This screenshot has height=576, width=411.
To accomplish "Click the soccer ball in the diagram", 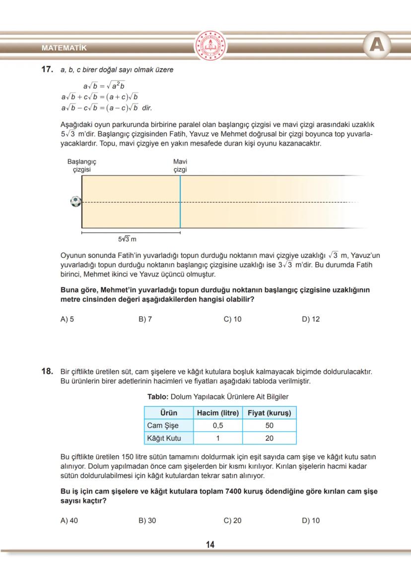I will coord(75,202).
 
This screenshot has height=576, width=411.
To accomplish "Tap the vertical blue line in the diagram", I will coord(180,202).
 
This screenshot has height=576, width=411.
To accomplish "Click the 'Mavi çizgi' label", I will coord(180,165).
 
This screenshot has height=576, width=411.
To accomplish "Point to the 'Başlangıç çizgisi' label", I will coord(81,165).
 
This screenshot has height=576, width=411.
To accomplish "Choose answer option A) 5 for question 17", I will coord(67,319).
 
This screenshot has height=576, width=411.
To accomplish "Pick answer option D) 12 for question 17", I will coord(311,319).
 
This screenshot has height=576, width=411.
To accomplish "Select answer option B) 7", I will coord(145,319).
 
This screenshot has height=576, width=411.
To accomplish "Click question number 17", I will coord(47,70).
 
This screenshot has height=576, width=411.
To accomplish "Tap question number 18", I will coord(47,371).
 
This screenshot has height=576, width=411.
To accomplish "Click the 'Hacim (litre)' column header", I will coord(218,413).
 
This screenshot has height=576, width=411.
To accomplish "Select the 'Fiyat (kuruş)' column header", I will coord(269,413).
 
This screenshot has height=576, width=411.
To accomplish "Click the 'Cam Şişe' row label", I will coord(163,425).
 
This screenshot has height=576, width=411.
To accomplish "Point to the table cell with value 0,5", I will coord(218,425).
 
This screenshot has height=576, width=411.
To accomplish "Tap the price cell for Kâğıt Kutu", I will coord(269,438).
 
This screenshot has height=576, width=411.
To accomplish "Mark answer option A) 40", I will coord(69,520).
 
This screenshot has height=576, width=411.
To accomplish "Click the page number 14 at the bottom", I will coord(210,545).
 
